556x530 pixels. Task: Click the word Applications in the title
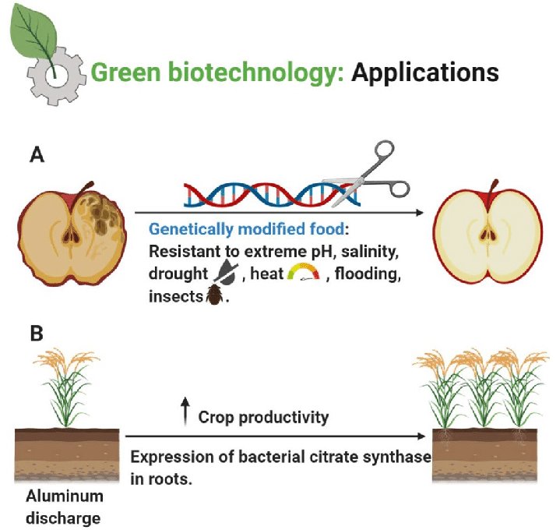pyautogui.click(x=424, y=72)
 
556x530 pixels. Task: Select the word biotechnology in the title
pyautogui.click(x=245, y=72)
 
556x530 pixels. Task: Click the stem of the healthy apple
pyautogui.click(x=491, y=188)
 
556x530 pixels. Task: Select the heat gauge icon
pyautogui.click(x=304, y=274)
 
